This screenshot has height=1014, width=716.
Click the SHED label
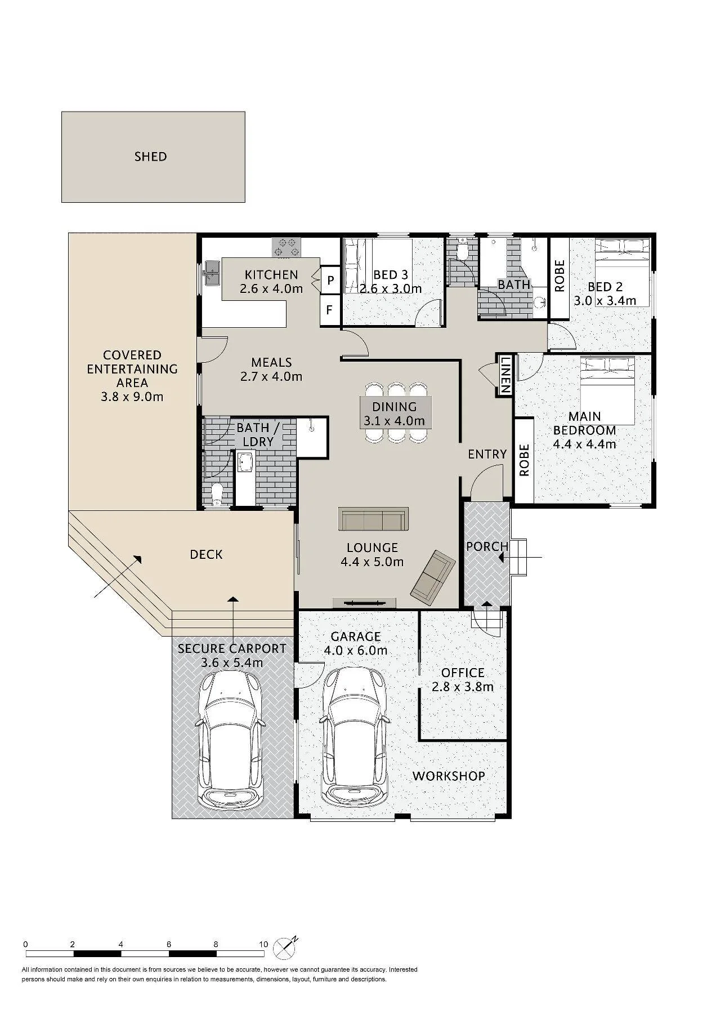click(150, 156)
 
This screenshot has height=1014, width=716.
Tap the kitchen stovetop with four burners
click(287, 247)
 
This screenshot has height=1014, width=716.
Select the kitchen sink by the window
click(212, 273)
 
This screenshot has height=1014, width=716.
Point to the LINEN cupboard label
click(505, 375)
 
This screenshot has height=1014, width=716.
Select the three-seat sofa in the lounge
click(373, 519)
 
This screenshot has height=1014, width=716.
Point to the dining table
click(396, 413)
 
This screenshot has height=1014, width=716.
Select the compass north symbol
click(285, 948)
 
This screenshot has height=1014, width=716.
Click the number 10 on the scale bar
click(263, 944)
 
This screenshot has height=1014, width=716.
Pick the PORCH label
click(487, 546)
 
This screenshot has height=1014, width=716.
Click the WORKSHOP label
click(449, 776)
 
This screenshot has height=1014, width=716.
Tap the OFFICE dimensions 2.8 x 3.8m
click(463, 687)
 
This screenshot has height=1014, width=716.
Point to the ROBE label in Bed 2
click(560, 275)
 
